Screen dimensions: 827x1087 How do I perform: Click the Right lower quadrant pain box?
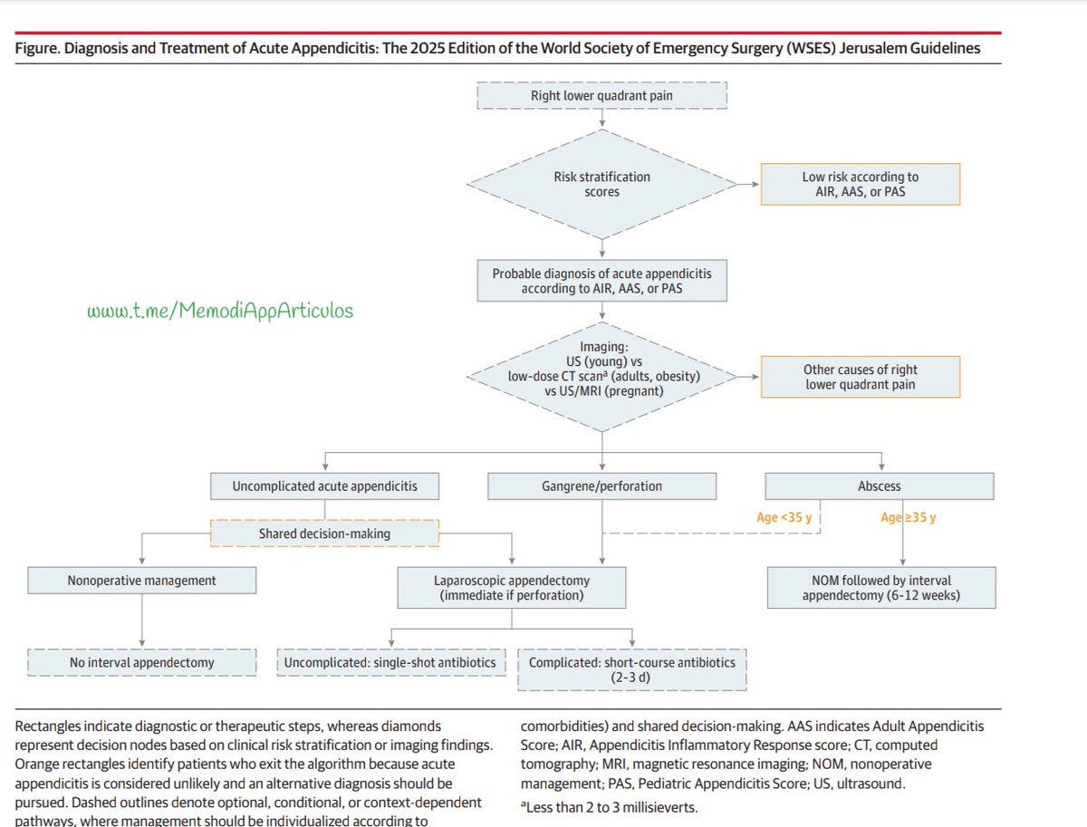point(602,96)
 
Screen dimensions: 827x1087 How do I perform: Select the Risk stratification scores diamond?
point(602,185)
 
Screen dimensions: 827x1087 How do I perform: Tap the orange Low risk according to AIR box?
point(860,185)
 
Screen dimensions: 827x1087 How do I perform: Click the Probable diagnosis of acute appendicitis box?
point(602,280)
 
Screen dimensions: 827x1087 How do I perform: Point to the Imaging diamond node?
point(602,370)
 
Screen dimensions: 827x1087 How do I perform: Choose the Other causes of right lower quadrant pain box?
point(860,377)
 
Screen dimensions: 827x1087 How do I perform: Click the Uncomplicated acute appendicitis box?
point(325,486)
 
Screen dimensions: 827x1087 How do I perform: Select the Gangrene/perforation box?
point(601,486)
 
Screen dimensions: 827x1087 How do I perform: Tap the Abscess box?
point(879,486)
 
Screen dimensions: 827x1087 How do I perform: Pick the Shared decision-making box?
point(325,534)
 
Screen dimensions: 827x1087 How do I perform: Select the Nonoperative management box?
point(142,581)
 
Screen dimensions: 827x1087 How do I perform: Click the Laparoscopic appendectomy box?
point(512,588)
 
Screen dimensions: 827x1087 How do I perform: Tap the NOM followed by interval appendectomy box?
point(880,588)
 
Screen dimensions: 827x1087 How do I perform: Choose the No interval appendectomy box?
point(141,662)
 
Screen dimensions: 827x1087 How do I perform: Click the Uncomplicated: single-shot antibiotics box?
point(390,662)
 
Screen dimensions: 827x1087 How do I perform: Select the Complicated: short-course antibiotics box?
point(632,669)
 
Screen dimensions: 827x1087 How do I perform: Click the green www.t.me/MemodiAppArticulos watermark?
point(220,311)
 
